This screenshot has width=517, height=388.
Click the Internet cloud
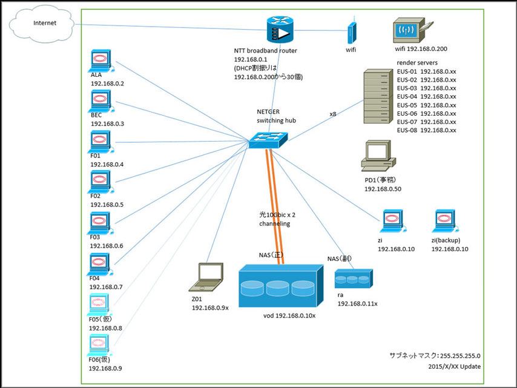(x=42, y=25)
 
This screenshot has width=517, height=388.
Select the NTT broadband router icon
(x=279, y=31)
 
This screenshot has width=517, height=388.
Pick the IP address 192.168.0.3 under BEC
(x=107, y=123)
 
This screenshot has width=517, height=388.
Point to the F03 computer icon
(x=99, y=223)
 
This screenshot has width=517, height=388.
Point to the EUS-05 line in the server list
(x=426, y=105)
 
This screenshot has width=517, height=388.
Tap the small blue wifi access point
(x=351, y=33)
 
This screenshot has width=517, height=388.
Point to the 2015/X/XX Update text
(x=454, y=366)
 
